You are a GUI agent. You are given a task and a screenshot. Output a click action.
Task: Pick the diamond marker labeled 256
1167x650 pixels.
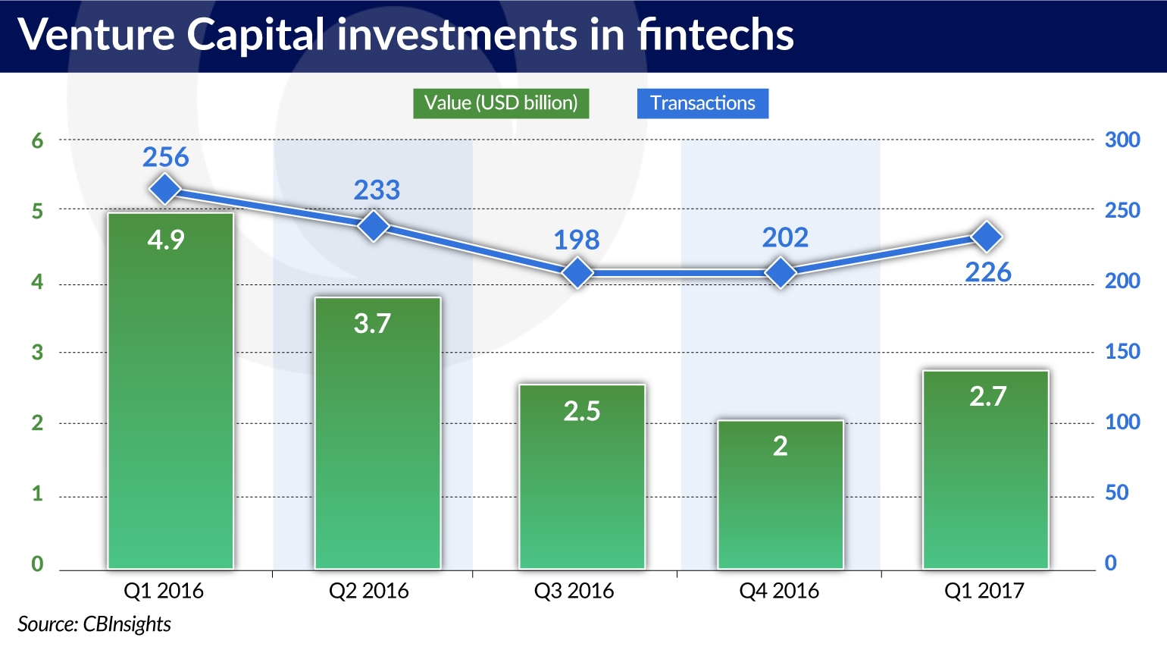[165, 189]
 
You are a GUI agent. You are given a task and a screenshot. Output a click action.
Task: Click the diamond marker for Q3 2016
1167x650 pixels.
[578, 272]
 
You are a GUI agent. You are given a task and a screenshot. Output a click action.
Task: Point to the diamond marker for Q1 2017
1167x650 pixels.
[987, 237]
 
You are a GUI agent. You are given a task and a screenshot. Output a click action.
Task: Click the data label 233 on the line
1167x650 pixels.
[377, 190]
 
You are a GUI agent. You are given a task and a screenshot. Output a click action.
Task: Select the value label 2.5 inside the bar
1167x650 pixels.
[582, 411]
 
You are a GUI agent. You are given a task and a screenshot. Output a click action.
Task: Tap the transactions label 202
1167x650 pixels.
[785, 237]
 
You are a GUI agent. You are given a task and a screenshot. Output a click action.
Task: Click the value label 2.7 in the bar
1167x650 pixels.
[987, 396]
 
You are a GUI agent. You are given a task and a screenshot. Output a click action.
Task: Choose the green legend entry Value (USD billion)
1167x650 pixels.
[501, 103]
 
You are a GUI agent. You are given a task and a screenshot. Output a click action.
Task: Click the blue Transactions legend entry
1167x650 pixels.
[702, 103]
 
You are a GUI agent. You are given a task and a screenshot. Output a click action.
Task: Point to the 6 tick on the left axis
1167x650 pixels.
[38, 140]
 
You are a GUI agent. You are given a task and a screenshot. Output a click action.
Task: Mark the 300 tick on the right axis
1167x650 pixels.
[1122, 140]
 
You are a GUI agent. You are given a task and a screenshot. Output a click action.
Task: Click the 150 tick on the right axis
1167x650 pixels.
[1122, 351]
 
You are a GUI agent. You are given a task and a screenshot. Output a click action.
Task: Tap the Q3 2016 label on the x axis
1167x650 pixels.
[574, 591]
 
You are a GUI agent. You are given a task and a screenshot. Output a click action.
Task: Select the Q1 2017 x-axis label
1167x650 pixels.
[984, 591]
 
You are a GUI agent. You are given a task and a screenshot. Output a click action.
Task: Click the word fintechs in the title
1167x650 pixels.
[715, 35]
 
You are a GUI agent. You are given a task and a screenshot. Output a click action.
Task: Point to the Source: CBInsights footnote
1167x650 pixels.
[95, 624]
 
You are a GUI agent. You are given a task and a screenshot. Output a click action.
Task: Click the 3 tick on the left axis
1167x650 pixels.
[38, 352]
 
